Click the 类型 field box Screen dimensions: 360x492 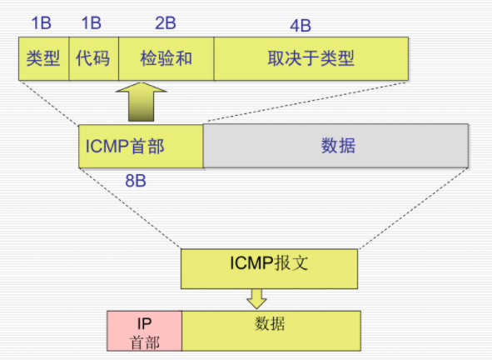click(x=43, y=58)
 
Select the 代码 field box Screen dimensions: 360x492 click(x=93, y=58)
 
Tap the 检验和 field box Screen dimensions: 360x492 click(x=166, y=58)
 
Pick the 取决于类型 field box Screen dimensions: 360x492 click(x=311, y=58)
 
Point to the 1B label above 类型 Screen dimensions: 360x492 click(x=42, y=22)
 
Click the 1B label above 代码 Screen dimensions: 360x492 click(x=92, y=22)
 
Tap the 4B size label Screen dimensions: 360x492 click(x=311, y=22)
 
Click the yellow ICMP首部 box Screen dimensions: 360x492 click(x=141, y=147)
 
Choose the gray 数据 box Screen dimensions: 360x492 click(x=335, y=147)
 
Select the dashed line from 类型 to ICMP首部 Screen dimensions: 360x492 click(x=50, y=102)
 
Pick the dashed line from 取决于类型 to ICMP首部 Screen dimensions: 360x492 click(x=306, y=102)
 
